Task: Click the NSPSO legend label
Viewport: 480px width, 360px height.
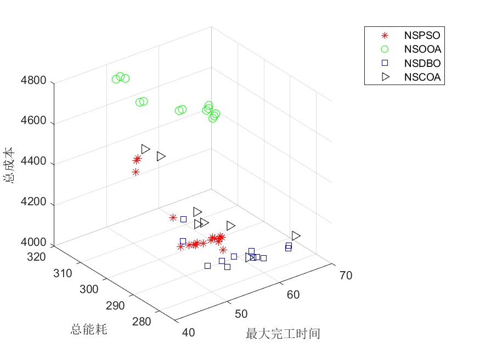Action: (422, 36)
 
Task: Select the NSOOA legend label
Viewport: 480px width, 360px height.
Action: (422, 49)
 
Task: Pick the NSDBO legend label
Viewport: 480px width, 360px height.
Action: (422, 63)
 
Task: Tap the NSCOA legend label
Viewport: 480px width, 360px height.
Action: (422, 77)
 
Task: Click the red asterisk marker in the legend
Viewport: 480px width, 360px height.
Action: (385, 36)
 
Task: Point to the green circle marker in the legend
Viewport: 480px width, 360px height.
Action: (385, 49)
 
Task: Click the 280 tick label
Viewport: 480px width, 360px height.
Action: (142, 322)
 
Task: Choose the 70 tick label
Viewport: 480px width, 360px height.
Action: (346, 275)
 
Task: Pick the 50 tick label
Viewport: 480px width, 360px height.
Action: (241, 314)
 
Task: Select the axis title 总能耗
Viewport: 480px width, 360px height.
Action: (88, 329)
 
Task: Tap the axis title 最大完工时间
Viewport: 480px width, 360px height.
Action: (283, 333)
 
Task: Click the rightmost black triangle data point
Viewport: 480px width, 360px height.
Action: (296, 235)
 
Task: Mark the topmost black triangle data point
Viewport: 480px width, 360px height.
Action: (145, 149)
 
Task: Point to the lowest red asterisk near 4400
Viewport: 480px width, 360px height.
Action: (136, 172)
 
